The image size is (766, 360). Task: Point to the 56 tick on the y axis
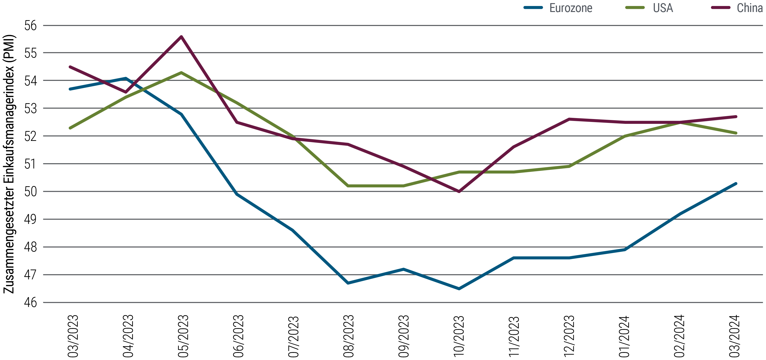pyautogui.click(x=30, y=26)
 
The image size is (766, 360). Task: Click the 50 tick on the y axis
pyautogui.click(x=30, y=192)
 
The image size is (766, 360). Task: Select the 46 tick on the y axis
pyautogui.click(x=30, y=303)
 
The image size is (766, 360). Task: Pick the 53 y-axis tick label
pyautogui.click(x=30, y=108)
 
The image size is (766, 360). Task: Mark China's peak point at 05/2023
pyautogui.click(x=181, y=36)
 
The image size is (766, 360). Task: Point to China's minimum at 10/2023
pyautogui.click(x=459, y=192)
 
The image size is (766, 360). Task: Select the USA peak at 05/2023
pyautogui.click(x=181, y=72)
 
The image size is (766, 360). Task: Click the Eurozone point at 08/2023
pyautogui.click(x=348, y=283)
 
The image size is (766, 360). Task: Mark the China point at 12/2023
pyautogui.click(x=569, y=119)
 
